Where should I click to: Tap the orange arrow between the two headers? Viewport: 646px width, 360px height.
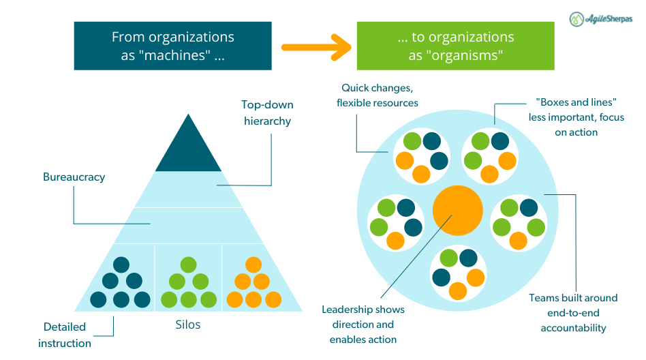316,47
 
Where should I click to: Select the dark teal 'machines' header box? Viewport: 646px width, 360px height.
172,46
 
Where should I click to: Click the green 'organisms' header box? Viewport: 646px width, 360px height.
455,46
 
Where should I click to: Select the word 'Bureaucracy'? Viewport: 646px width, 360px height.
74,177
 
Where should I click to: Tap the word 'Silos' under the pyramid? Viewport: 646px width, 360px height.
188,325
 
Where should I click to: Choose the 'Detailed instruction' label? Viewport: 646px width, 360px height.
65,335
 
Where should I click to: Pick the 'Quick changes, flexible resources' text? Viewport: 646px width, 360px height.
377,95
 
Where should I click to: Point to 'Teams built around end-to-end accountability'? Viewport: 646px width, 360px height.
573,313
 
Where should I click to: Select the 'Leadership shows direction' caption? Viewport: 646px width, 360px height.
363,325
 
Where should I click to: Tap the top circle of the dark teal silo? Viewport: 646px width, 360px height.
121,265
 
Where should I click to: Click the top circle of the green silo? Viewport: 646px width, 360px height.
189,265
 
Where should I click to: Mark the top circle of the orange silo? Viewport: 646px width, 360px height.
253,265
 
